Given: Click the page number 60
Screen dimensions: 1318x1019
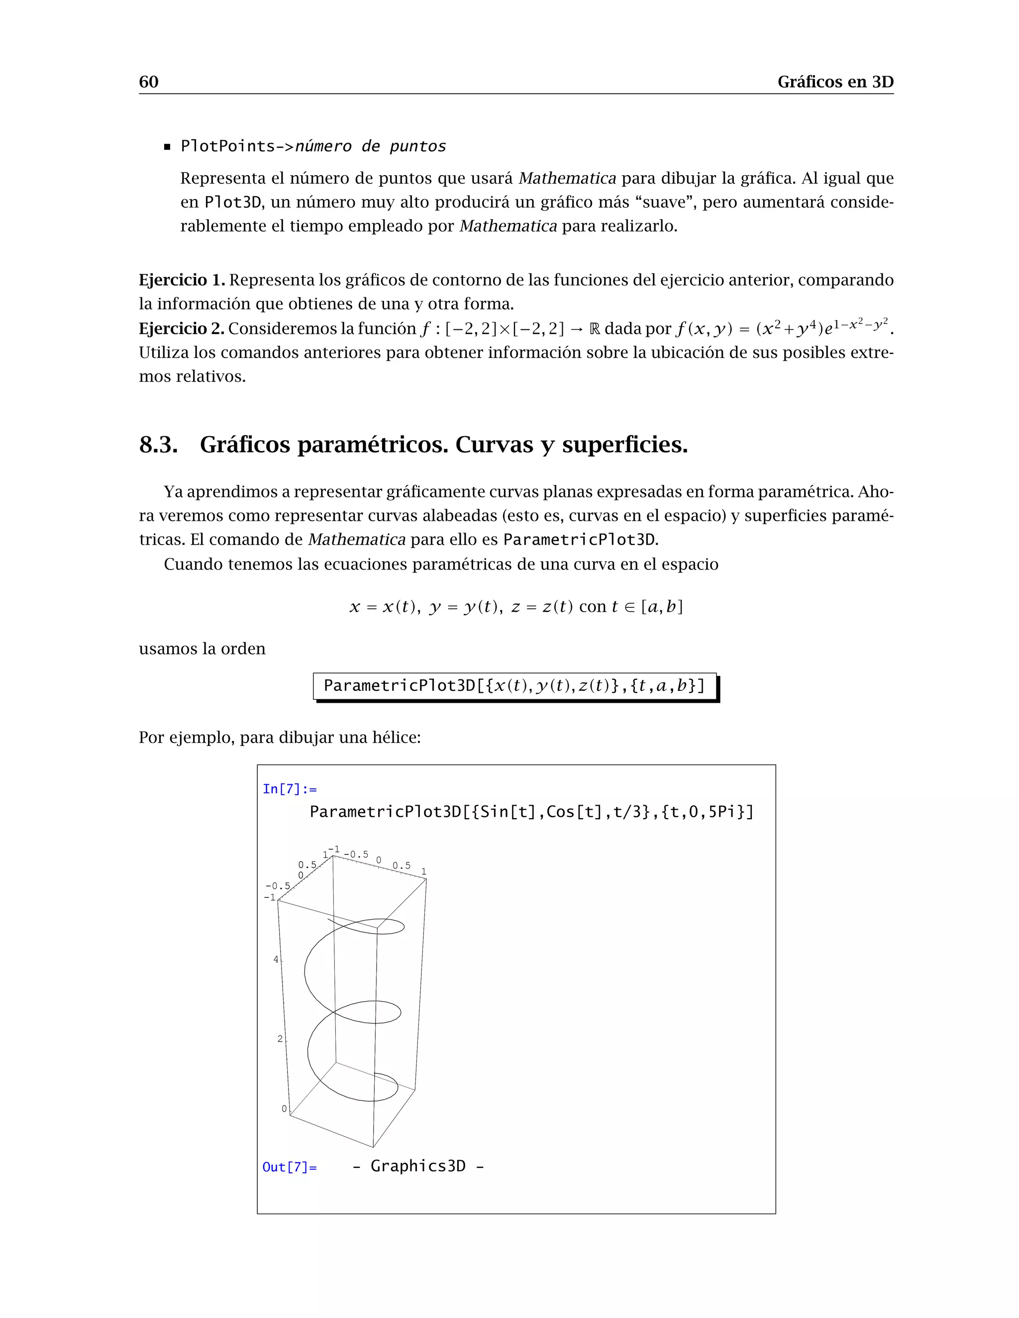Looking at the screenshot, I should [148, 82].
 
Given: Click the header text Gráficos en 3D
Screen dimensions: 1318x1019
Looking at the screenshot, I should [835, 82].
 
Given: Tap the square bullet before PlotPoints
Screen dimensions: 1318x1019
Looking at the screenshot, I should [168, 147].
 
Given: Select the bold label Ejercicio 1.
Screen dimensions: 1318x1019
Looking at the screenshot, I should [182, 280].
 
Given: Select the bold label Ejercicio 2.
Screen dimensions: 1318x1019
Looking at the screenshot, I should [182, 328].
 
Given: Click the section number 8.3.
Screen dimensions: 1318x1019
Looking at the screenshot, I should [158, 445].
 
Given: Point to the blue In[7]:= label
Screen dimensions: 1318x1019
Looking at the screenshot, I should [289, 789].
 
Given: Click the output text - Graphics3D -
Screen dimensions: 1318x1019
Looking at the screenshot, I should [418, 1166].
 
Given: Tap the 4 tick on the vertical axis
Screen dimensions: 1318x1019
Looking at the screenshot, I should [276, 959].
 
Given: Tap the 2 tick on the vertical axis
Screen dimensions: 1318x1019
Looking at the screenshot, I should [280, 1038].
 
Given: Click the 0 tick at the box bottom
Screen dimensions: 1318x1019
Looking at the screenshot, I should [284, 1109].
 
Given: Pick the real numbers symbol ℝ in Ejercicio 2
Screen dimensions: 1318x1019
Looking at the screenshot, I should [594, 329].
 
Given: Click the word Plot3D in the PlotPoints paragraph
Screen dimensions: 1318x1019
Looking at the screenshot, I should [232, 202].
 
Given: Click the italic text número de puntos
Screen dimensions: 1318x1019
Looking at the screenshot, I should [370, 147].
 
